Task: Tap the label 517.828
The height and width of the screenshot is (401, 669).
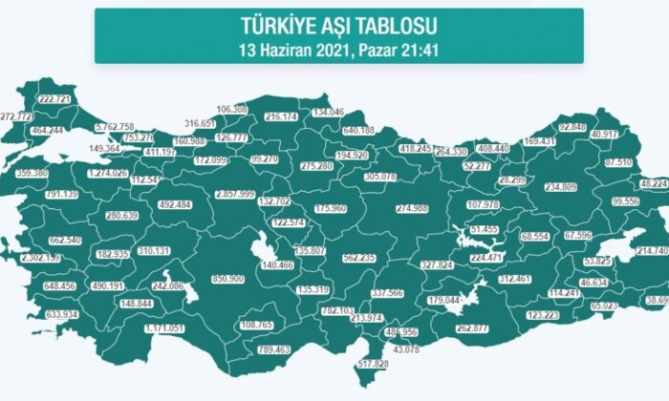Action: (x=372, y=364)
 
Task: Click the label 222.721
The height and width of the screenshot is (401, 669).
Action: (x=55, y=99)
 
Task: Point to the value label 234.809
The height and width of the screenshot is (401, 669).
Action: (x=560, y=187)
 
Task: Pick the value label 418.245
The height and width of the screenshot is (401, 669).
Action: (x=415, y=149)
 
